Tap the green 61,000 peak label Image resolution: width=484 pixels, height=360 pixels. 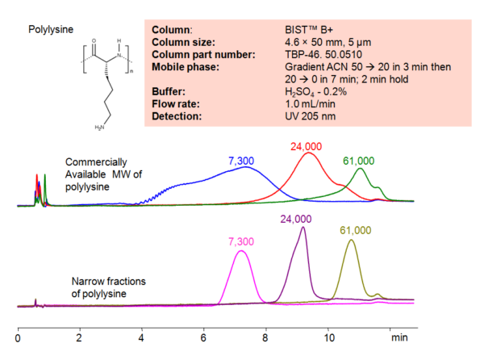(x=362, y=160)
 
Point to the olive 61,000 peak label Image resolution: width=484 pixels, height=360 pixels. (x=355, y=231)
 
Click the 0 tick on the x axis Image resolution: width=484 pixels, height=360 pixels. (x=18, y=332)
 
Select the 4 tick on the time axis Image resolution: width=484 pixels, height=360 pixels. (x=142, y=332)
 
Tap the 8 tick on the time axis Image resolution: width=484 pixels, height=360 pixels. (x=266, y=332)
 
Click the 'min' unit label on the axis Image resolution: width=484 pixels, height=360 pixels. (x=398, y=332)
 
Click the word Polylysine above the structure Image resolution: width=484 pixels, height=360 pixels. (x=51, y=30)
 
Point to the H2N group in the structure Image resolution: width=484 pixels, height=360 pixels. (x=100, y=127)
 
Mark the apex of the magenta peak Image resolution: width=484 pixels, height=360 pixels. (x=240, y=251)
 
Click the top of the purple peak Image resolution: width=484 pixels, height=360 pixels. (x=302, y=228)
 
